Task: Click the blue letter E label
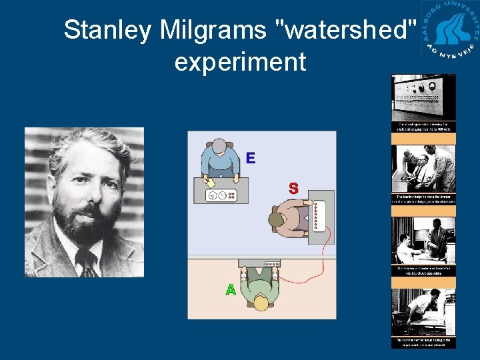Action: point(250,158)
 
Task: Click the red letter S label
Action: point(293,189)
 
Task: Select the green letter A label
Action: point(231,290)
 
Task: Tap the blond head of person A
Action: point(261,303)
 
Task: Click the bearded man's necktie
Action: point(87,263)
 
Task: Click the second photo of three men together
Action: point(423,169)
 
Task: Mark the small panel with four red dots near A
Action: point(268,263)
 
